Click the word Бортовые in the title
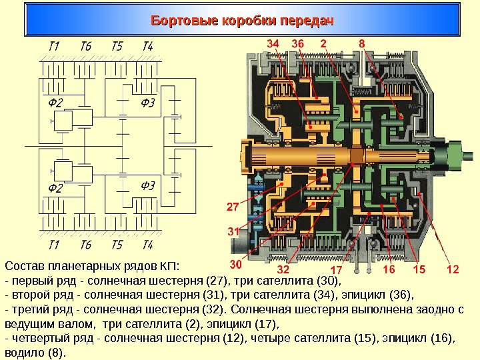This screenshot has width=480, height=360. (180, 21)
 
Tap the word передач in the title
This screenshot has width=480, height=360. (303, 21)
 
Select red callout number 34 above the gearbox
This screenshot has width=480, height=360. (273, 43)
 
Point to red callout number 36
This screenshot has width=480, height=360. (297, 43)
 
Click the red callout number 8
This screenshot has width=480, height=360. (361, 43)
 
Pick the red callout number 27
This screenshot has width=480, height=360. (233, 207)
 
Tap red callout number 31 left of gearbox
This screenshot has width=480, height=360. (233, 231)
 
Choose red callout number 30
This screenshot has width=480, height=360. (236, 264)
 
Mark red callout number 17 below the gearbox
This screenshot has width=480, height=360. (335, 270)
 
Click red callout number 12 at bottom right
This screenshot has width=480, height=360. (453, 269)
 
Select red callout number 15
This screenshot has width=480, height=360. (419, 269)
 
